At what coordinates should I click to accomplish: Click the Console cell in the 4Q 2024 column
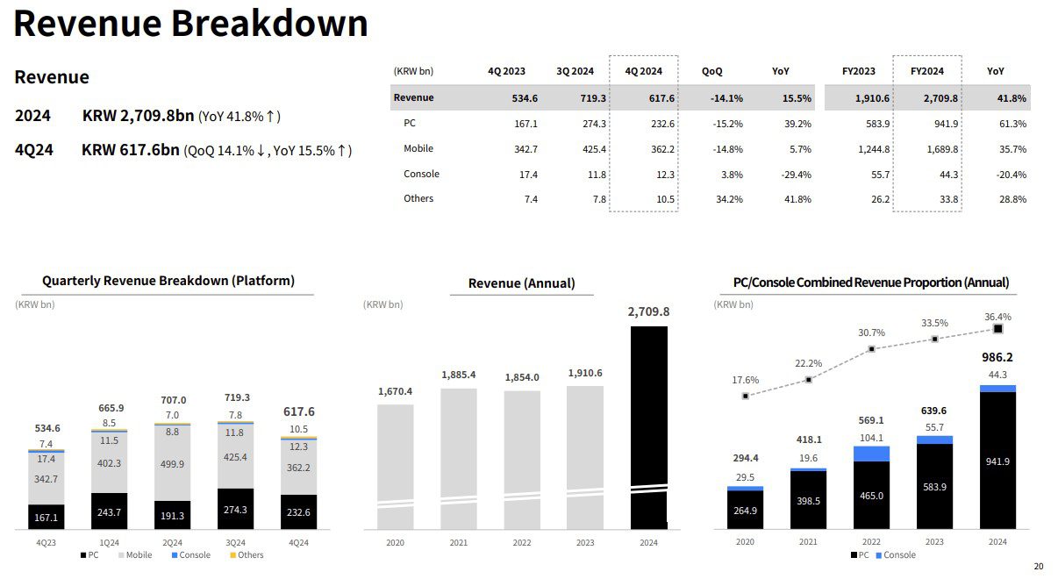click(x=665, y=175)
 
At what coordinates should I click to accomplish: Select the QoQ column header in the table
click(x=711, y=71)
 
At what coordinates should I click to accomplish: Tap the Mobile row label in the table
click(x=418, y=149)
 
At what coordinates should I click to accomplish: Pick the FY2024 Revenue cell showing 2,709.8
click(x=940, y=98)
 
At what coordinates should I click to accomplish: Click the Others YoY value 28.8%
click(x=1012, y=199)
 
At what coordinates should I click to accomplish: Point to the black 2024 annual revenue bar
click(x=649, y=427)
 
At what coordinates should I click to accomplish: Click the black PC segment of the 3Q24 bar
click(x=235, y=509)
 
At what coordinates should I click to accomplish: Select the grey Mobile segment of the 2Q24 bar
click(x=173, y=463)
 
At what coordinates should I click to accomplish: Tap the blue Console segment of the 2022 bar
click(x=871, y=454)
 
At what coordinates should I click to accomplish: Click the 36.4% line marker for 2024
click(x=997, y=329)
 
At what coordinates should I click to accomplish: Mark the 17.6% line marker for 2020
click(x=746, y=397)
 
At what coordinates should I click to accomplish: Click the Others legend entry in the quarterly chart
click(x=247, y=555)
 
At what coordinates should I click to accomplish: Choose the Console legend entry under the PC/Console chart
click(x=896, y=555)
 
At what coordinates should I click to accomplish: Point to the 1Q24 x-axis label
click(x=109, y=543)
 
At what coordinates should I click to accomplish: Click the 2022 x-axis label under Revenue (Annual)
click(x=522, y=543)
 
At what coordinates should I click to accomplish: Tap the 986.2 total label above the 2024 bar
click(x=997, y=358)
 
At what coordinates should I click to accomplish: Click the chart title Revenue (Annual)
click(x=521, y=283)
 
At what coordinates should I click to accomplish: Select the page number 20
click(x=1039, y=566)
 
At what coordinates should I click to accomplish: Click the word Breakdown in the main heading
click(x=269, y=23)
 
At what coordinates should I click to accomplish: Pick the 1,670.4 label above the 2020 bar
click(x=395, y=391)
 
